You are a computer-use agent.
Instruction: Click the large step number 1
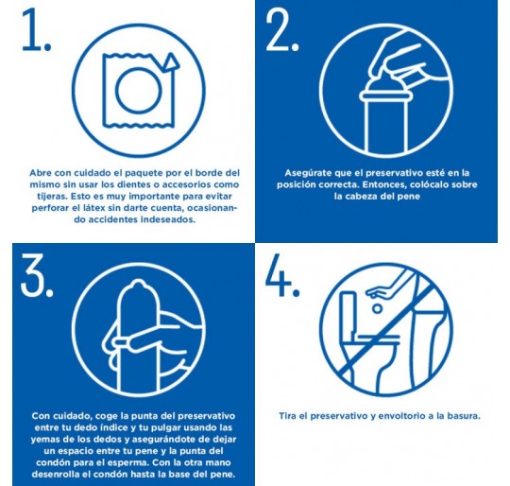tap(32, 30)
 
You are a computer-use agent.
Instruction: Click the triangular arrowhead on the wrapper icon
tap(171, 61)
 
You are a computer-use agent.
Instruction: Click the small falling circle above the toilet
tap(377, 308)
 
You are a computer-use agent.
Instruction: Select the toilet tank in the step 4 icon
tap(348, 314)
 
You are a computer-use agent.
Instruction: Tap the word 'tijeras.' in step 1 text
tap(52, 197)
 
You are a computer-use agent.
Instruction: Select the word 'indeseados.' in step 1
tap(168, 219)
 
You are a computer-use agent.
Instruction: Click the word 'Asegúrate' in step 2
tap(308, 173)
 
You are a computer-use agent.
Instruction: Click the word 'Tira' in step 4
tap(287, 416)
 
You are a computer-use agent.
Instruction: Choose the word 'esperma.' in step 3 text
tap(129, 462)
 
